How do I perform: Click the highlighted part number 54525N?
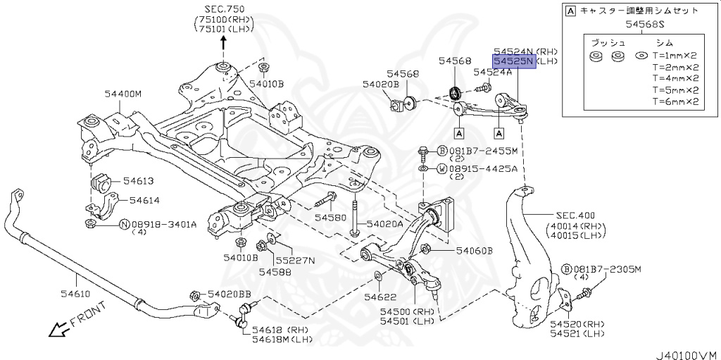point(514,62)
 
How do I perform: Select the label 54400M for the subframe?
point(123,94)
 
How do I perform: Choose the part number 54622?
point(380,297)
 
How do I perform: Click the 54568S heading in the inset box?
point(634,26)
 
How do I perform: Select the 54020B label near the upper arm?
point(380,84)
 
